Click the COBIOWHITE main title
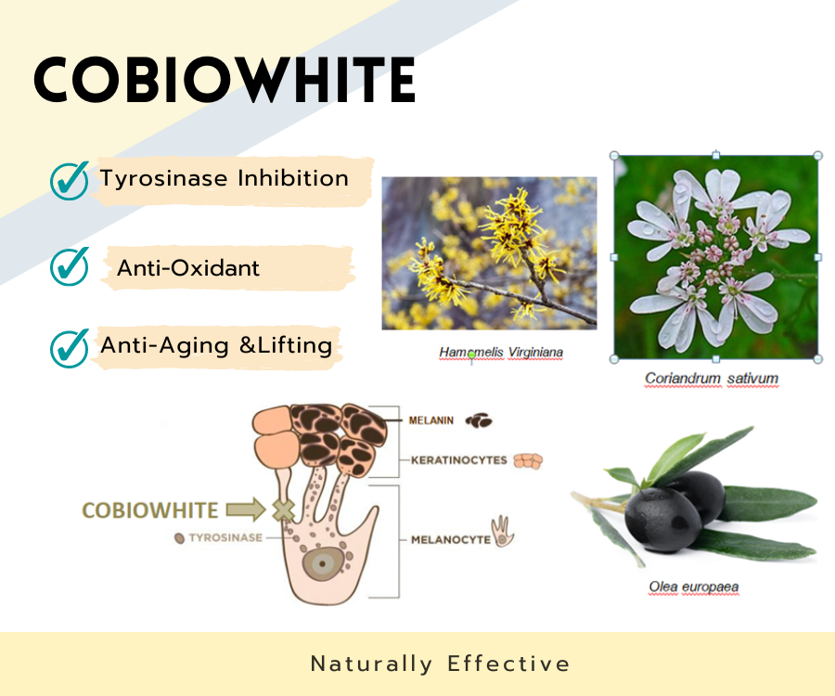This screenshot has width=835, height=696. pyautogui.click(x=224, y=81)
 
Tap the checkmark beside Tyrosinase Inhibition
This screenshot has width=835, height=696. pyautogui.click(x=70, y=180)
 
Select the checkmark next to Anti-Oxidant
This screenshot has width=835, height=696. pyautogui.click(x=70, y=266)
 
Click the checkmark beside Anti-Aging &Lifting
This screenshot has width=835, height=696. pyautogui.click(x=70, y=347)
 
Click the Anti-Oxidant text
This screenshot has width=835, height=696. pyautogui.click(x=188, y=268)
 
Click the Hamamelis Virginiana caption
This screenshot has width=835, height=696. pyautogui.click(x=501, y=353)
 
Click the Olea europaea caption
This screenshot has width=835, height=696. pyautogui.click(x=694, y=586)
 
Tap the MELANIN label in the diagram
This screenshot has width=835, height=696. pyautogui.click(x=431, y=420)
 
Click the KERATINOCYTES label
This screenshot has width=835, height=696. pyautogui.click(x=457, y=459)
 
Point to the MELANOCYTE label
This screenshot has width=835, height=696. pyautogui.click(x=450, y=539)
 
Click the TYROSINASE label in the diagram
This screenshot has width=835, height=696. pyautogui.click(x=226, y=537)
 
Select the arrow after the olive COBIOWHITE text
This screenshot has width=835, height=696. pyautogui.click(x=243, y=509)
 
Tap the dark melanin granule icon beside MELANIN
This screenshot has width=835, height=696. pyautogui.click(x=479, y=421)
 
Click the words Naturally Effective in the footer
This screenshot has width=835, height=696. pyautogui.click(x=440, y=664)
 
